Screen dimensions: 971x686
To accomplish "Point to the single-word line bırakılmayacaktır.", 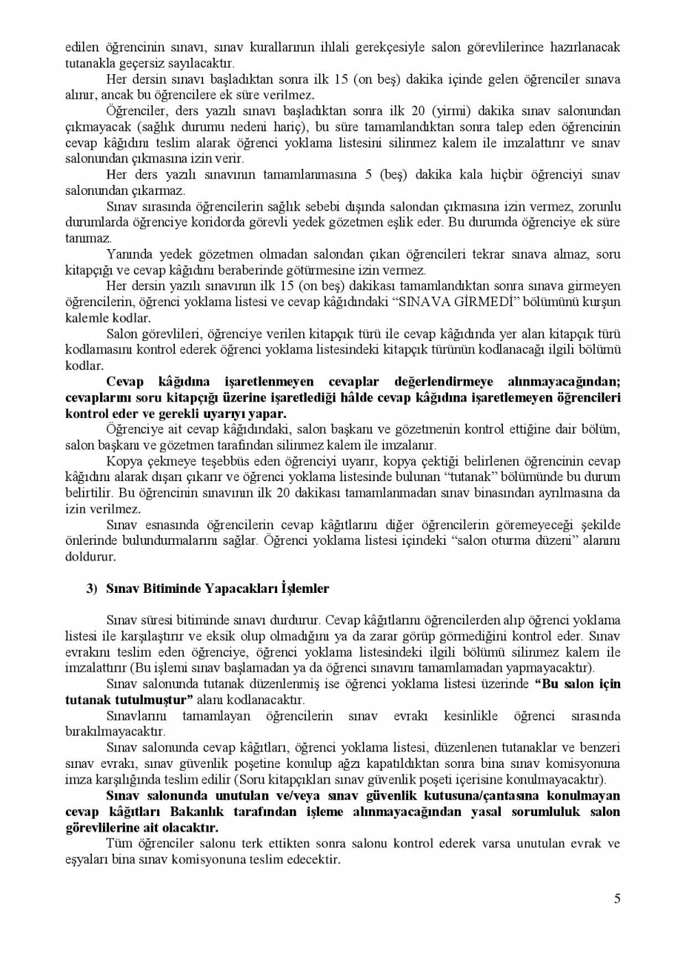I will (x=115, y=732).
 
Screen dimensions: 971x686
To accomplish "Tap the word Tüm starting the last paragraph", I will (x=118, y=843).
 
